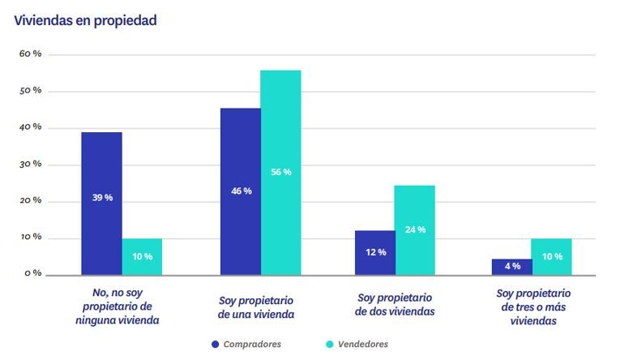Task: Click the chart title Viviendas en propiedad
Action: (85, 20)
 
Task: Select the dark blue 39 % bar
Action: (101, 203)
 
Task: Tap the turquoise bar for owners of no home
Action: (142, 256)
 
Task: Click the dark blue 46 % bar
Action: (241, 191)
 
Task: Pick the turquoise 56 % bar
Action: (280, 172)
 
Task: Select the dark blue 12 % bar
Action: (375, 252)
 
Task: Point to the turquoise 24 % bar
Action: (415, 230)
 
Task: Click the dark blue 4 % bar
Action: (511, 267)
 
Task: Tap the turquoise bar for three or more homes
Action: (551, 256)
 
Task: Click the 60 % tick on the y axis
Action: (30, 54)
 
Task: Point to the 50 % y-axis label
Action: (30, 91)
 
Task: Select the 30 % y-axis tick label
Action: (30, 165)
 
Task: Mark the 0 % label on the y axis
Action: (32, 273)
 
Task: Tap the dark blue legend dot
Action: (216, 344)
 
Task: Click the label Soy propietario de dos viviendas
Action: (395, 305)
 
